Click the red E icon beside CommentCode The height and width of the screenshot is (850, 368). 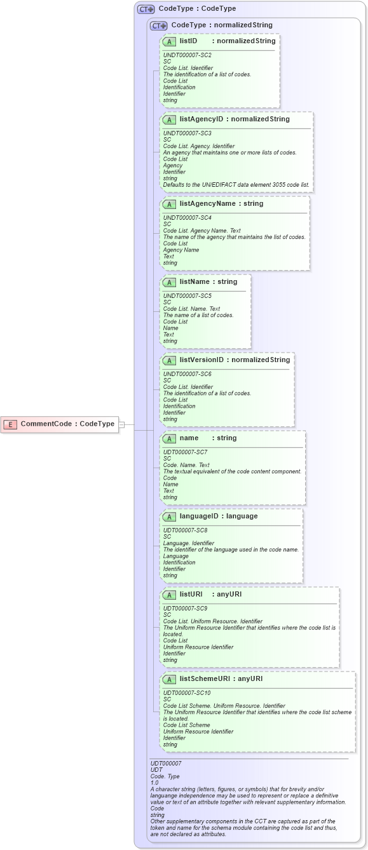(x=11, y=424)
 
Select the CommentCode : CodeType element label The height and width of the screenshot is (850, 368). (x=67, y=424)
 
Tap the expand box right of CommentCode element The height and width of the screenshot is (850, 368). (x=121, y=424)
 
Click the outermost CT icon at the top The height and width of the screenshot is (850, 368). (x=146, y=9)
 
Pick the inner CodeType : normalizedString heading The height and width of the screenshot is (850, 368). (x=222, y=25)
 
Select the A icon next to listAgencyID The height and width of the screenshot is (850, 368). (x=169, y=119)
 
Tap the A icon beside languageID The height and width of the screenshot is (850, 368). (x=169, y=516)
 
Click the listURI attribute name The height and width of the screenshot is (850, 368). (x=191, y=594)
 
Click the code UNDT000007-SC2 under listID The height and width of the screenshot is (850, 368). (x=187, y=55)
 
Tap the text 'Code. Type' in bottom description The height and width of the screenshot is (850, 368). (x=165, y=776)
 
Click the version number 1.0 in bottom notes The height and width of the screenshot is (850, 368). (x=154, y=783)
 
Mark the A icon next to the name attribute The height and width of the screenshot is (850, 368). (x=169, y=438)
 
